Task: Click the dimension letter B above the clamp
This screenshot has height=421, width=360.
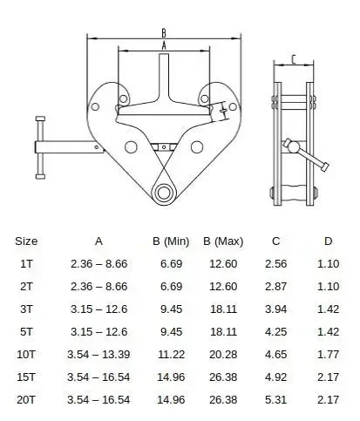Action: pos(164,33)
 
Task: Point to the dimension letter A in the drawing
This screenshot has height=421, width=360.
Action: pos(164,44)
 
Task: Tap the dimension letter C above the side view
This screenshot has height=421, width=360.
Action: pos(293,59)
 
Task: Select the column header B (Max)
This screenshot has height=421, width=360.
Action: pos(223,241)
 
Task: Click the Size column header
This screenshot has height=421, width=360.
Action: pos(26,241)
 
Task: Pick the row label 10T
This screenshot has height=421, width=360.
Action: pos(27,355)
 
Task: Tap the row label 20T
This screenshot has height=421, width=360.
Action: pos(27,399)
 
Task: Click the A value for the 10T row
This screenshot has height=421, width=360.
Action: pos(98,355)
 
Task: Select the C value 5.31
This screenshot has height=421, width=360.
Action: pos(276,399)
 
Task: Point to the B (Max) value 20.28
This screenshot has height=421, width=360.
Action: pos(223,355)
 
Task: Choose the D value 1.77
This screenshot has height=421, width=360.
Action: pos(328,355)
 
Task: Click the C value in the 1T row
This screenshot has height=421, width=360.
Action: pos(276,262)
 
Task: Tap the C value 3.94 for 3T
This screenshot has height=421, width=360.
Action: pos(276,309)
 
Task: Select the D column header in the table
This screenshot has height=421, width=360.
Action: pos(328,241)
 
